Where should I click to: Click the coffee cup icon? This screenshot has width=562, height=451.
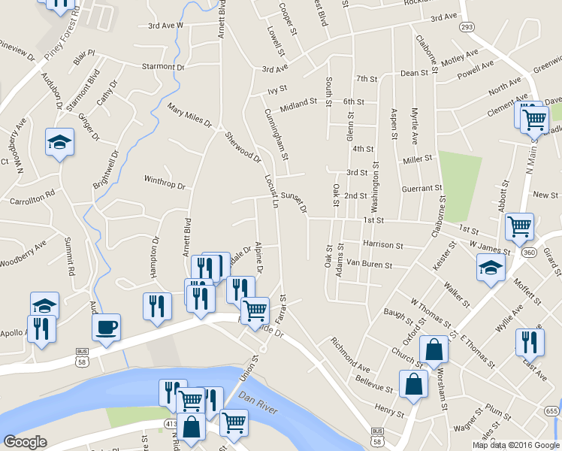(105, 327)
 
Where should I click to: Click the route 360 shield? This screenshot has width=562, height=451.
(529, 253)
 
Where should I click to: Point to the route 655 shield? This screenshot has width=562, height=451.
(552, 410)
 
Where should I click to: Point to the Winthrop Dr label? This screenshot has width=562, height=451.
(164, 180)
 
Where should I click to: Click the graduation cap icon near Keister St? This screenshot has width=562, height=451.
(490, 268)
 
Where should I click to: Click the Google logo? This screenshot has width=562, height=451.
(25, 442)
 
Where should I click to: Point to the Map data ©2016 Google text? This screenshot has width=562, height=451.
(515, 444)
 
